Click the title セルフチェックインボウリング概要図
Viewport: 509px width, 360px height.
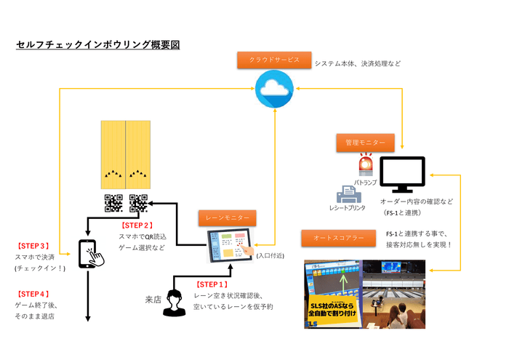pyautogui.click(x=97, y=45)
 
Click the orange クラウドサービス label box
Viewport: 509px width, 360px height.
pyautogui.click(x=273, y=60)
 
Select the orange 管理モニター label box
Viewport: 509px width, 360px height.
pyautogui.click(x=364, y=143)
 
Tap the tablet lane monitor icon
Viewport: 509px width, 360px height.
pyautogui.click(x=229, y=246)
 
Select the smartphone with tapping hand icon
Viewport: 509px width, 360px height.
pyautogui.click(x=87, y=252)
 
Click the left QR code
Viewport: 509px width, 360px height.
pyautogui.click(x=113, y=204)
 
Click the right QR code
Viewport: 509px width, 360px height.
pyautogui.click(x=138, y=204)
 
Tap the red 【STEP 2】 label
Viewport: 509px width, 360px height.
pyautogui.click(x=136, y=225)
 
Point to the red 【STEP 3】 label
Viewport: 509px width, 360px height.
pyautogui.click(x=33, y=246)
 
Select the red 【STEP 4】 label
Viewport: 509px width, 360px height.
pyautogui.click(x=33, y=293)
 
